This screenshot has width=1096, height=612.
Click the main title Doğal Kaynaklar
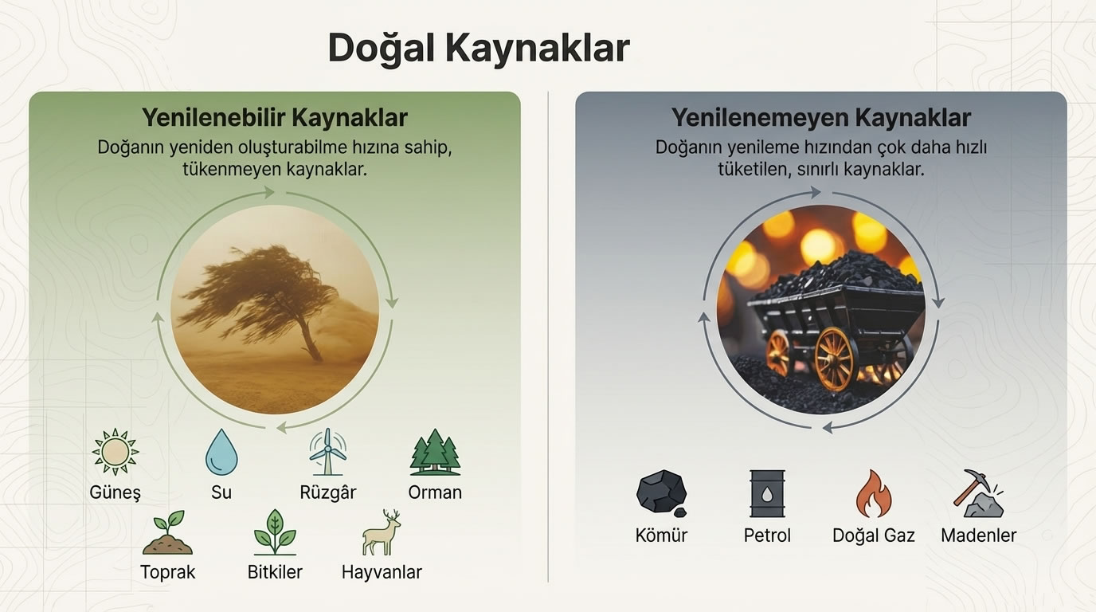(x=479, y=49)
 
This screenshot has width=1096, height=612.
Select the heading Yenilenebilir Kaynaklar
(x=275, y=118)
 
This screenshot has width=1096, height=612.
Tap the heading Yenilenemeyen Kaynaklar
(x=820, y=118)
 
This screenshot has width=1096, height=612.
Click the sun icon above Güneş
(x=115, y=452)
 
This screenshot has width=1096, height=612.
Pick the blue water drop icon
(x=221, y=452)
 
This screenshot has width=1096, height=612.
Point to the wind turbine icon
(x=327, y=453)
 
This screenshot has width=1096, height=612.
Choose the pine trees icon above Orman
(x=435, y=453)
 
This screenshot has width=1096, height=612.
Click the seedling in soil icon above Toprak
(x=167, y=532)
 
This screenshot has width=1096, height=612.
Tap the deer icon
(x=382, y=532)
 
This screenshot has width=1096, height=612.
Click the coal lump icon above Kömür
(x=661, y=492)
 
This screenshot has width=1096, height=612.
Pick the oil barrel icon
(x=767, y=493)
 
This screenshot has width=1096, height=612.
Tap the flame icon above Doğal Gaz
(x=873, y=493)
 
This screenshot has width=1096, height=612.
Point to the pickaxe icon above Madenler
(x=978, y=493)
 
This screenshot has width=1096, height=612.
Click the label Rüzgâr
(x=327, y=492)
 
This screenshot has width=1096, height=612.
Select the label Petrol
(x=767, y=535)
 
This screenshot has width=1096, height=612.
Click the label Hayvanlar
(x=382, y=572)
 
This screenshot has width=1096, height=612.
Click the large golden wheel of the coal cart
(x=835, y=359)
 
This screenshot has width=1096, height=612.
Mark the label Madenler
(x=978, y=535)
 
